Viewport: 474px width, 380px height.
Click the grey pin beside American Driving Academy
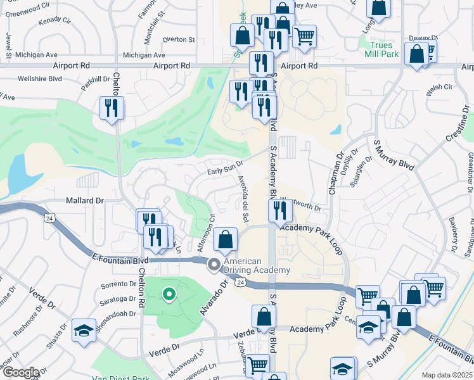click(x=215, y=265)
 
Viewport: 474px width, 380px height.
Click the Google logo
click(x=20, y=372)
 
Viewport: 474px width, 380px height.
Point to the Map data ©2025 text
click(x=447, y=375)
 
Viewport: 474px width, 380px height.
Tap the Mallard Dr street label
click(x=84, y=200)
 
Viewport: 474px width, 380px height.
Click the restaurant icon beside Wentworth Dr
click(x=279, y=209)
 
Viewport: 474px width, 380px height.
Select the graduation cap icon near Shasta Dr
click(x=84, y=331)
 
